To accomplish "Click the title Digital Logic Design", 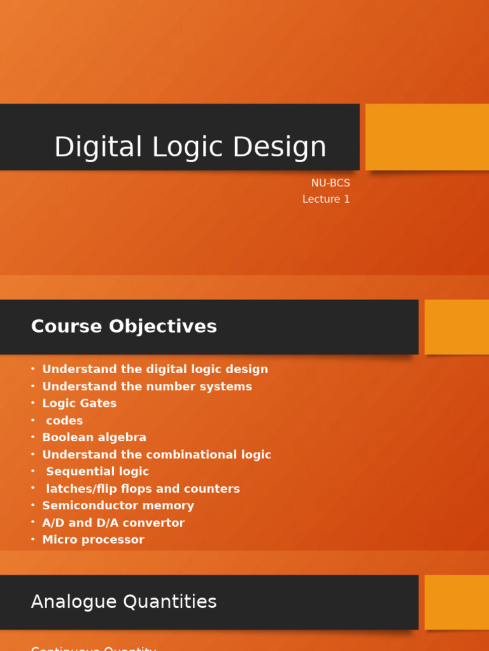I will [190, 147].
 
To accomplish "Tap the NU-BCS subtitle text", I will [330, 183].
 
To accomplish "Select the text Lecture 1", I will [325, 200].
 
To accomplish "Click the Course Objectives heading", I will [124, 326].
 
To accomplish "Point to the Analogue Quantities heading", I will [124, 601].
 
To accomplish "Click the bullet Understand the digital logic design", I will [155, 369].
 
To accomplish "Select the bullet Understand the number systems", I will [146, 387].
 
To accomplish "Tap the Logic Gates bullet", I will [79, 404].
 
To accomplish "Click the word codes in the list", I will [64, 421].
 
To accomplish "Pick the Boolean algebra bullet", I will [94, 437].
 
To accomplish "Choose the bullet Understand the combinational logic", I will [156, 455].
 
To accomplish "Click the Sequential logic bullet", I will [97, 472].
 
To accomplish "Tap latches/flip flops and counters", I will [143, 489].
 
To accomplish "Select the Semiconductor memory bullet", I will [118, 505].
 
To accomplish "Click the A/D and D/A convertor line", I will [113, 523].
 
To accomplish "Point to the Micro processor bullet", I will [93, 540].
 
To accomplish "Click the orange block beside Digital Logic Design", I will [427, 137].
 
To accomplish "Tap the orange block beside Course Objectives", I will [457, 327].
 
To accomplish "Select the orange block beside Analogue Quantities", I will [457, 602].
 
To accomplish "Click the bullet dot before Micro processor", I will [32, 539].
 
